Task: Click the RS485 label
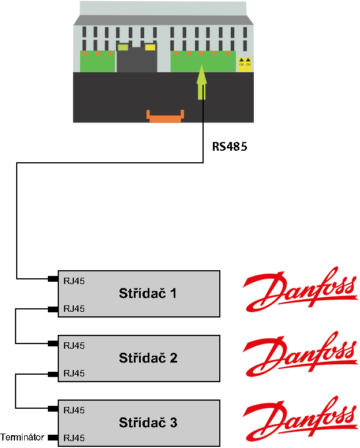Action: [229, 147]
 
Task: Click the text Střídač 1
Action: [148, 293]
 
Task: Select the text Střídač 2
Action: [148, 358]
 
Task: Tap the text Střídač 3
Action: [148, 423]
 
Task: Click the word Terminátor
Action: [22, 437]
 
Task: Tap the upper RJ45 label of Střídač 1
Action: [74, 281]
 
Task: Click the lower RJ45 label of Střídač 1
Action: [74, 308]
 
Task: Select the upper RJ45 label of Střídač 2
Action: [74, 346]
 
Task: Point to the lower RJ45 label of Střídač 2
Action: [74, 373]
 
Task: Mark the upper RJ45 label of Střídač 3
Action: [74, 410]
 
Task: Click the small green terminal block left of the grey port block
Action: [97, 61]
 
